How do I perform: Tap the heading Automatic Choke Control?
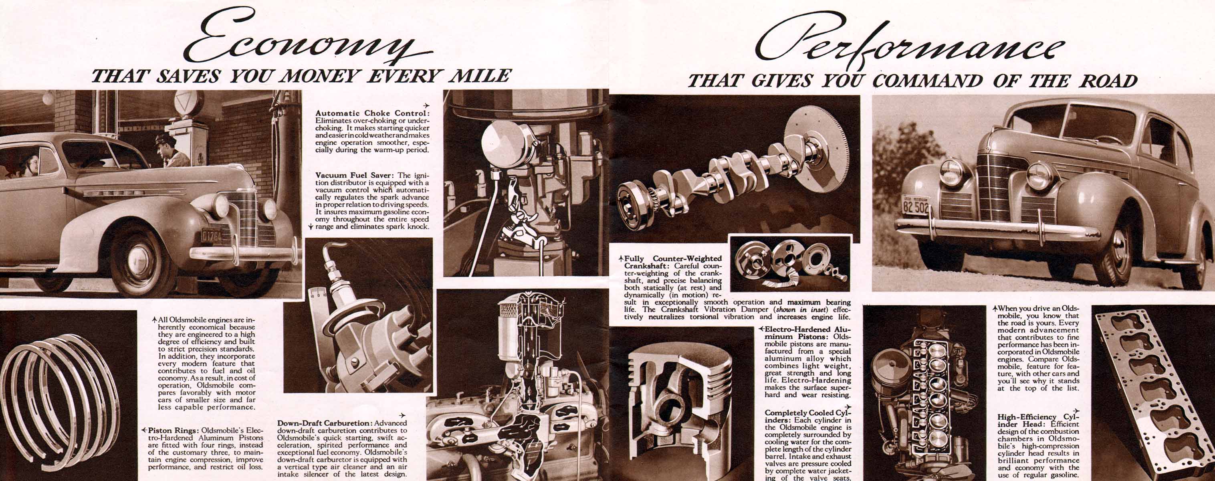372,113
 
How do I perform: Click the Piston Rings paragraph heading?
174,430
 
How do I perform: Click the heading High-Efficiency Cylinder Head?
1037,420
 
